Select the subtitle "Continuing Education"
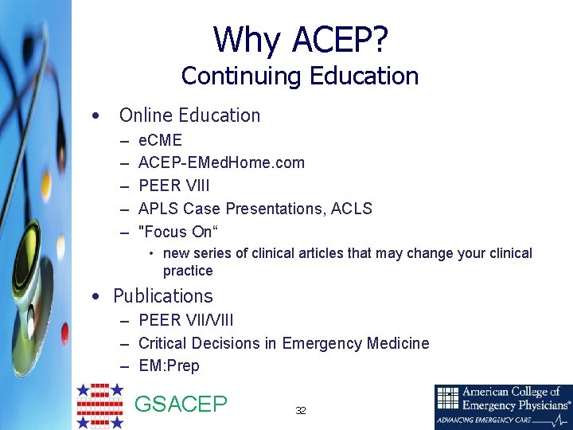pos(299,76)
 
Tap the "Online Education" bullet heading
pos(189,115)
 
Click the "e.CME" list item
pos(160,141)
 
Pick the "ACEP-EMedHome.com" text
pos(221,163)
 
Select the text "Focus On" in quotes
pos(177,232)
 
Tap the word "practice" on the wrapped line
pos(188,271)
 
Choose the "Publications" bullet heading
pos(163,296)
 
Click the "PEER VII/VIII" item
pos(186,320)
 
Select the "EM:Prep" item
pos(169,366)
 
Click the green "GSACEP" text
pos(181,405)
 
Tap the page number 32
pos(300,411)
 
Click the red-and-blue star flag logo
pos(99,406)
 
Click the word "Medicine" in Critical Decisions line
pos(398,343)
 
